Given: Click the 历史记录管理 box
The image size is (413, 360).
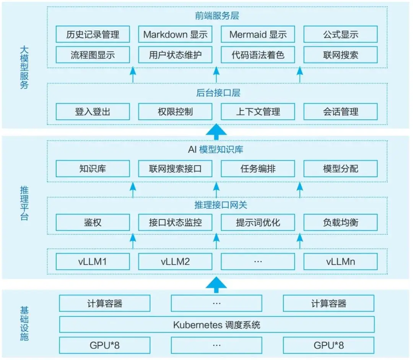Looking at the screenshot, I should pos(93,34).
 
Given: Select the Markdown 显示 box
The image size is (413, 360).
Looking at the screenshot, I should pos(175,34).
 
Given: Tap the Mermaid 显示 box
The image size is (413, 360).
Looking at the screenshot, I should pos(258,34).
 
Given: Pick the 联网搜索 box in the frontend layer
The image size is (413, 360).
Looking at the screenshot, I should pos(340,55).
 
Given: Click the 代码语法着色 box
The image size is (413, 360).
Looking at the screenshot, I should pos(258,55).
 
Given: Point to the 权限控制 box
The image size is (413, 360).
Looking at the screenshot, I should pos(175,112).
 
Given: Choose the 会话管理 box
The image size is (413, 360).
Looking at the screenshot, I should pos(340,112).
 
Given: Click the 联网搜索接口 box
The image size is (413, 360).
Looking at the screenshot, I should pos(175,169).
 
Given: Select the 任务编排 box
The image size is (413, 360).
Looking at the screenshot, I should pos(258,169).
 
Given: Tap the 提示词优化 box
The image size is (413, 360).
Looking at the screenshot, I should pos(258,222).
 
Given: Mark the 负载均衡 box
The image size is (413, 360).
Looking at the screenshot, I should pos(340,222).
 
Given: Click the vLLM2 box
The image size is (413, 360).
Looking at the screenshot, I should pos(175,262).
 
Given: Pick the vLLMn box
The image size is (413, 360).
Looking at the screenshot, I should pos(340,262).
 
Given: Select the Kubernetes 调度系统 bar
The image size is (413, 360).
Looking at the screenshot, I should pos(216,325).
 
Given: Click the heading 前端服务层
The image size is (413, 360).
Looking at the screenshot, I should pos(216,16).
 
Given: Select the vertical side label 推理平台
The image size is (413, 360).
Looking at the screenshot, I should pos(24,203).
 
